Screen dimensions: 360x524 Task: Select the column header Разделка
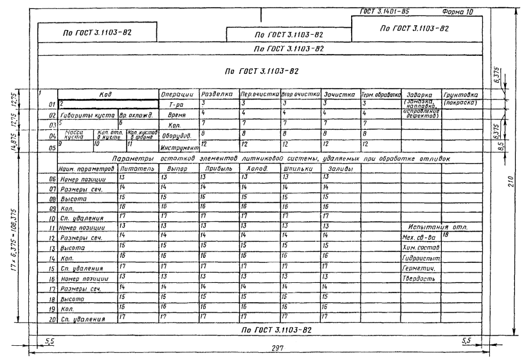[x=217, y=94]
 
